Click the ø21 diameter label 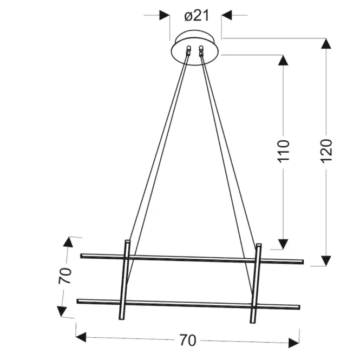(x=196, y=15)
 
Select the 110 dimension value (x=284, y=152)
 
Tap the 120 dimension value (x=326, y=152)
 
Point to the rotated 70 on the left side (x=64, y=276)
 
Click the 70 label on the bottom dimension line (x=187, y=341)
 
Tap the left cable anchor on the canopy (x=188, y=50)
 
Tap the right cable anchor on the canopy (x=202, y=50)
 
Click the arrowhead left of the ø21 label (x=165, y=15)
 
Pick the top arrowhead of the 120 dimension (x=325, y=44)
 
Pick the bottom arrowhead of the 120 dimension (x=325, y=260)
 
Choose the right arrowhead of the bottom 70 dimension (x=294, y=343)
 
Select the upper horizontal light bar (x=192, y=258)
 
